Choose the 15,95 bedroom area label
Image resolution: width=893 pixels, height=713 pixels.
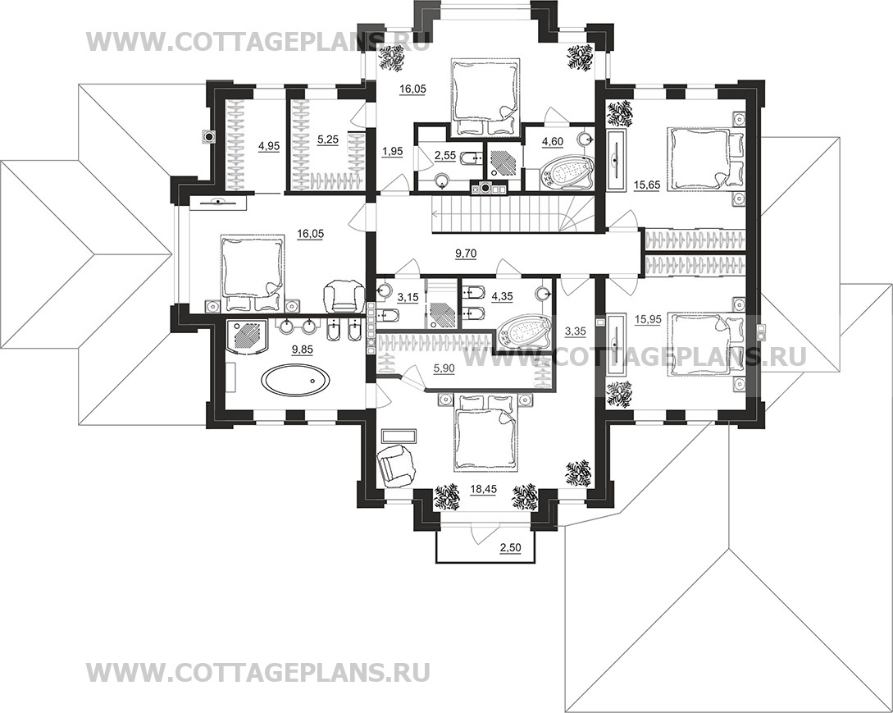pos(648,320)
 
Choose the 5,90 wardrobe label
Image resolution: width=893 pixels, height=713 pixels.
pos(444,368)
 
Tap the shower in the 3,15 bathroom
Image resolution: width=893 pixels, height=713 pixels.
pos(441,313)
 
